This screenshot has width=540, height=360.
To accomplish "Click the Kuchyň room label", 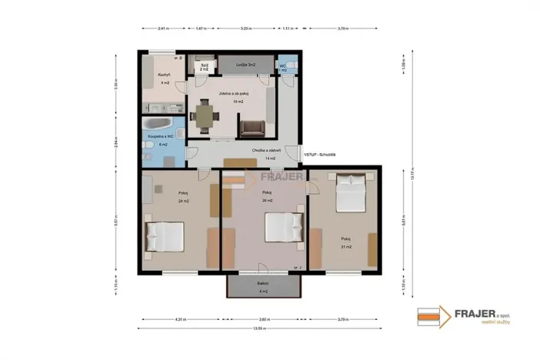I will tap(164, 75).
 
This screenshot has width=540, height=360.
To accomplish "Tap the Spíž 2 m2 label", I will tap(205, 65).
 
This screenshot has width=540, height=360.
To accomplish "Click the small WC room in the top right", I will tap(285, 67).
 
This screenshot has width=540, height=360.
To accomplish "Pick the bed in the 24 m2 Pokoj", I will tap(165, 236).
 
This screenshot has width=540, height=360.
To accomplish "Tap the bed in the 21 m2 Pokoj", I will tap(352, 193).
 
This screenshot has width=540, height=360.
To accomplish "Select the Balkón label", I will tap(263, 285).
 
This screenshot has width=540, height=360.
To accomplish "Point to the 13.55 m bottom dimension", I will tap(263, 328).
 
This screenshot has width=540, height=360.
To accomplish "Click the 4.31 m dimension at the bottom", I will tap(180, 318).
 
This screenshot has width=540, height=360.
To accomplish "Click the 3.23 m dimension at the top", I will tap(245, 28).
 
